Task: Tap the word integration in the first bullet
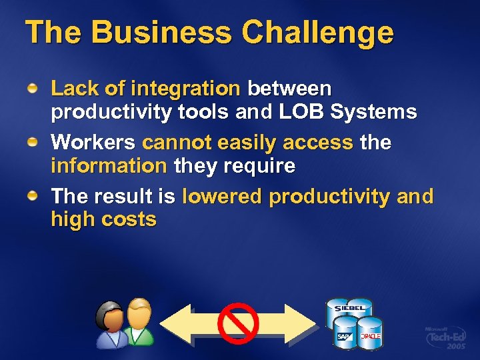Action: (185, 88)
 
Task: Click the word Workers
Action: (94, 142)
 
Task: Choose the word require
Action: (261, 166)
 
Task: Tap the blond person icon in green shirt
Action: (139, 321)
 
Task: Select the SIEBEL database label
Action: (349, 309)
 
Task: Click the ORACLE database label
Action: (370, 336)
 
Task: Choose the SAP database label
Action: (345, 337)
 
